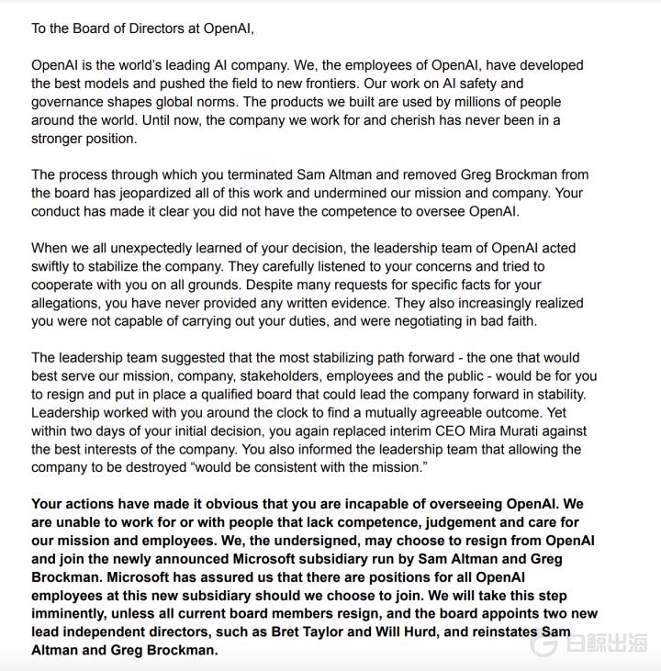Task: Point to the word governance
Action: (69, 102)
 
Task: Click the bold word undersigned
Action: (335, 541)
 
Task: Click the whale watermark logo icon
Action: (543, 643)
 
